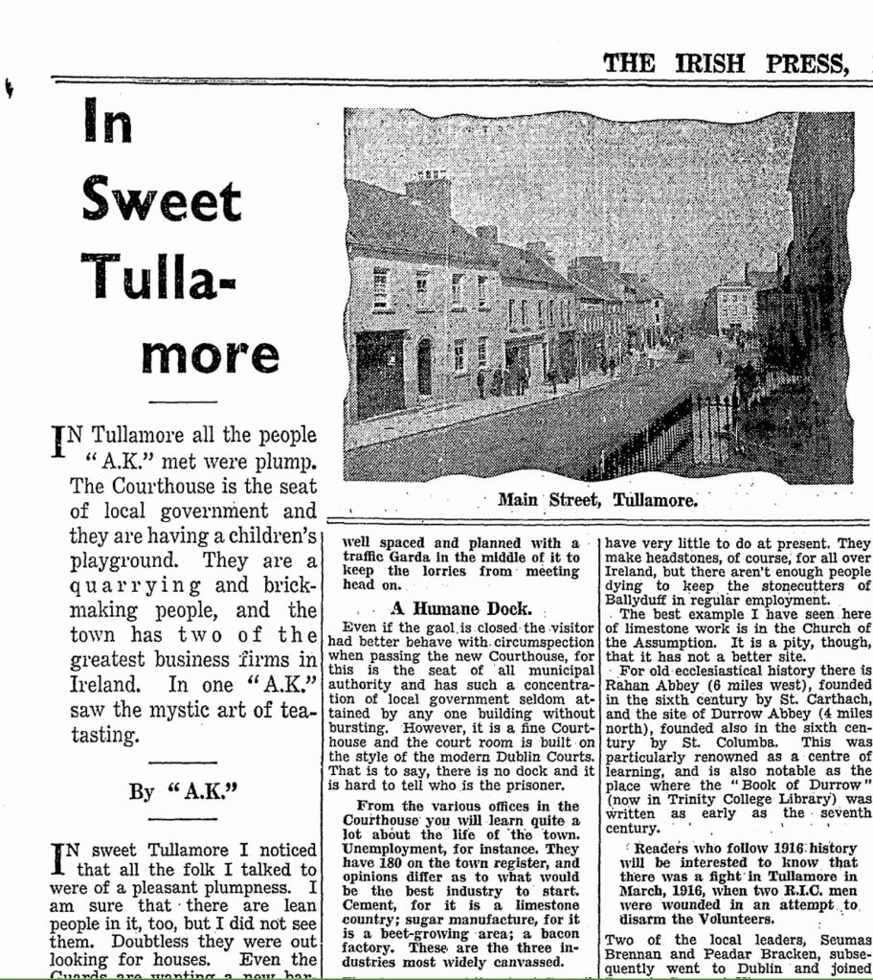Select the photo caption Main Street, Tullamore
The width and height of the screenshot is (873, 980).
click(597, 500)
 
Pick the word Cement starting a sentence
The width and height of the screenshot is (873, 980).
click(369, 904)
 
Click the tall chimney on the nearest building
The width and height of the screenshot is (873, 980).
click(428, 191)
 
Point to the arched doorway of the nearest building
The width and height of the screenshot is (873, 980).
click(424, 367)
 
